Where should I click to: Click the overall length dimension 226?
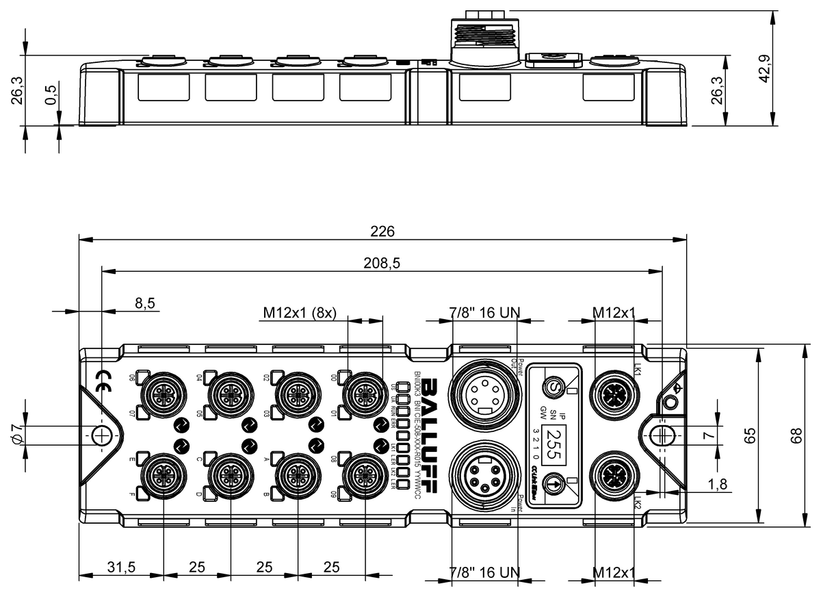pyautogui.click(x=382, y=231)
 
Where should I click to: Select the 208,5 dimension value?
pyautogui.click(x=382, y=262)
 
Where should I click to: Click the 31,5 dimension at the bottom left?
pyautogui.click(x=121, y=568)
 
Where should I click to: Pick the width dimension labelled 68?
pyautogui.click(x=796, y=435)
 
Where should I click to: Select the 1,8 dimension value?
pyautogui.click(x=718, y=483)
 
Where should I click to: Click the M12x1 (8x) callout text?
pyautogui.click(x=300, y=313)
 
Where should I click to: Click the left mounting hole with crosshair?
pyautogui.click(x=101, y=434)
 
